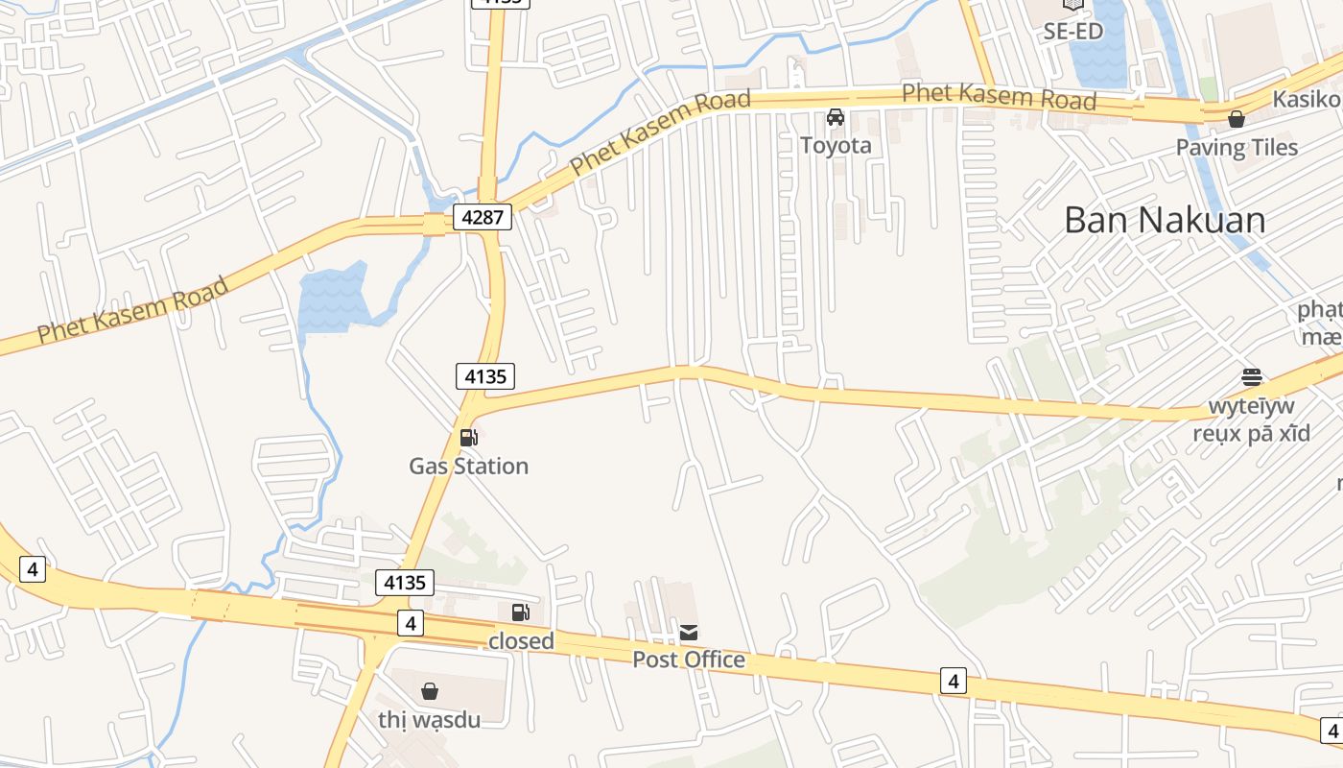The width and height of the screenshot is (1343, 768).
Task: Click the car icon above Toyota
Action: [x=836, y=118]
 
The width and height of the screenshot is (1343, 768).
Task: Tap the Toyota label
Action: [x=836, y=145]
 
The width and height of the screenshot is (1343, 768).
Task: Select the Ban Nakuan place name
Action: [x=1165, y=221]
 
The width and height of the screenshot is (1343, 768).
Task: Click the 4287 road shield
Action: [x=483, y=217]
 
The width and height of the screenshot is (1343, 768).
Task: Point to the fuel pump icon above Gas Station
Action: [x=469, y=438]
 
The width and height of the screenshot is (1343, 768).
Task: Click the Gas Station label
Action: [x=468, y=466]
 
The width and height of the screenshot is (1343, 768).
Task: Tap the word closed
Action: [x=521, y=640]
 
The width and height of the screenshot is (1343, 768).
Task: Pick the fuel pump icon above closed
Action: [x=520, y=612]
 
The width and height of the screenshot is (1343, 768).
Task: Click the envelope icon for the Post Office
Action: [x=689, y=632]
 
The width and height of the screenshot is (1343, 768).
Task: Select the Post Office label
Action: [x=689, y=660]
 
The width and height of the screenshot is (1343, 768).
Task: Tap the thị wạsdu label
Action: [x=429, y=719]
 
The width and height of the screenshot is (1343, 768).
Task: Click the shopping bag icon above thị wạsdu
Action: [x=430, y=691]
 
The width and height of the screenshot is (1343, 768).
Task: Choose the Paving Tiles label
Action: [x=1237, y=148]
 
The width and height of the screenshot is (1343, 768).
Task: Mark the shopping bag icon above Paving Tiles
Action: [x=1237, y=120]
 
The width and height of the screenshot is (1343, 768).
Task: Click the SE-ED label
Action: [x=1072, y=31]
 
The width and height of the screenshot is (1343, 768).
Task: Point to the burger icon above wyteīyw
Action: [x=1251, y=376]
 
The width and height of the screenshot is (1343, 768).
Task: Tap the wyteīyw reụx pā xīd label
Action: [x=1251, y=419]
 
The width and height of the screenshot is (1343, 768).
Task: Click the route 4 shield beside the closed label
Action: [x=411, y=623]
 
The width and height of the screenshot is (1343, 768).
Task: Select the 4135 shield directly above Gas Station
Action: [x=485, y=376]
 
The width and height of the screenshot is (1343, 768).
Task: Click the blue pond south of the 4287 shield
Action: [x=332, y=300]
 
